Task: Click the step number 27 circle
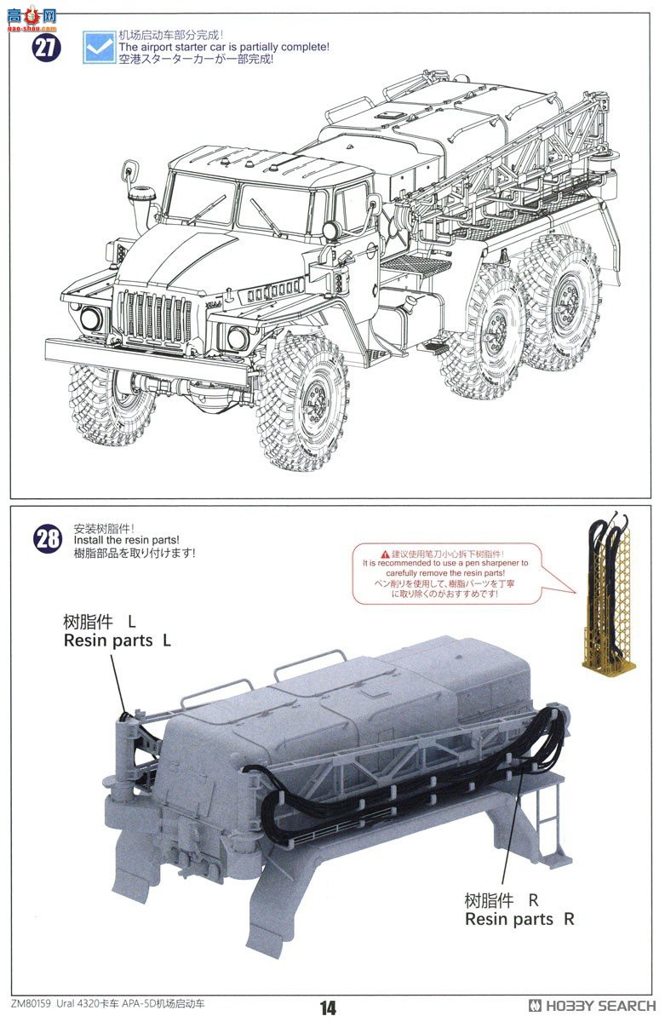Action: (48, 47)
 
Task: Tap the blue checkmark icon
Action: (99, 47)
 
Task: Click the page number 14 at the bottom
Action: (329, 1008)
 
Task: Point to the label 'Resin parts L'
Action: (117, 640)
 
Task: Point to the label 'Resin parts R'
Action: (519, 919)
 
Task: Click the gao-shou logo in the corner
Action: (31, 14)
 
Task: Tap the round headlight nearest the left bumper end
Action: (89, 319)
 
